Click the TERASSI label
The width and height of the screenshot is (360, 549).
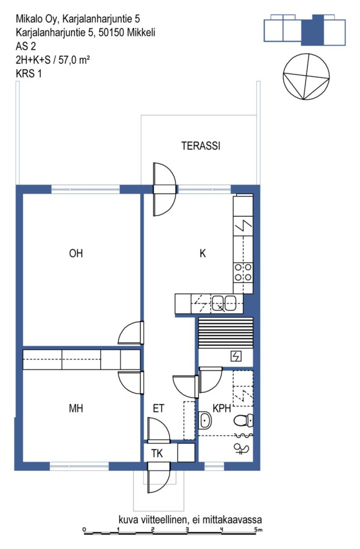[x=201, y=146]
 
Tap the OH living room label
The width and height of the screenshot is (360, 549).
[x=76, y=253]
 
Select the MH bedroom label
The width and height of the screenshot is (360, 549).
[x=76, y=408]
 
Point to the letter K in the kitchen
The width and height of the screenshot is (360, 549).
[x=202, y=253]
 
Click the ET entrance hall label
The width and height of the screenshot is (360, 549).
[x=159, y=408]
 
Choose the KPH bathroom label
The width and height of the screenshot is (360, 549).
[x=222, y=408]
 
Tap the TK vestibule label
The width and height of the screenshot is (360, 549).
[x=157, y=454]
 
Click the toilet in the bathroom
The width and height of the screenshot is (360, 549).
[x=243, y=420]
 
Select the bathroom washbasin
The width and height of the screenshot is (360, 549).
[x=205, y=420]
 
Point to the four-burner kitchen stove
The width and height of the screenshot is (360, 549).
[x=243, y=272]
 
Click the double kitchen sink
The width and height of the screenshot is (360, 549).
[x=224, y=303]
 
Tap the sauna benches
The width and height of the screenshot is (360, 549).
[x=226, y=333]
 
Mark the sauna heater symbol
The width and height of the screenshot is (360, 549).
[x=236, y=357]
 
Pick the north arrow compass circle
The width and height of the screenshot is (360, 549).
[x=306, y=76]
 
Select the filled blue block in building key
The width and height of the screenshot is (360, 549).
[x=313, y=31]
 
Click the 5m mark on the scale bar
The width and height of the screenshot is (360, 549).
[x=258, y=530]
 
